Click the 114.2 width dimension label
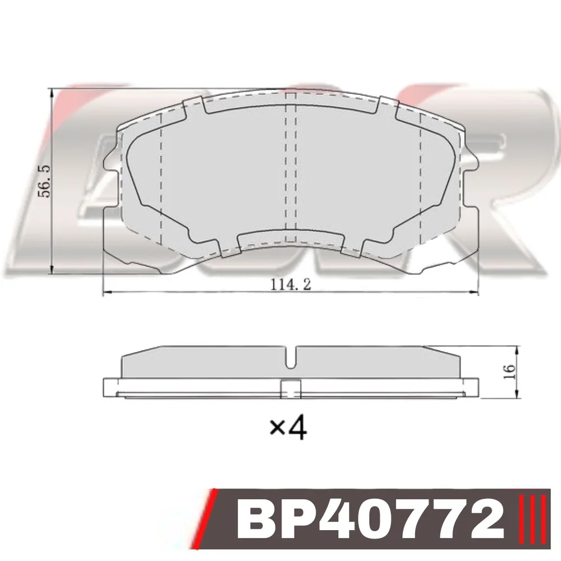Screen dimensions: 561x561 (290, 284)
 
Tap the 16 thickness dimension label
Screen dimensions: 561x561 (509, 372)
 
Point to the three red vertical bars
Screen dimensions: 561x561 (532, 519)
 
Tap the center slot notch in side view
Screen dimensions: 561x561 (291, 358)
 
